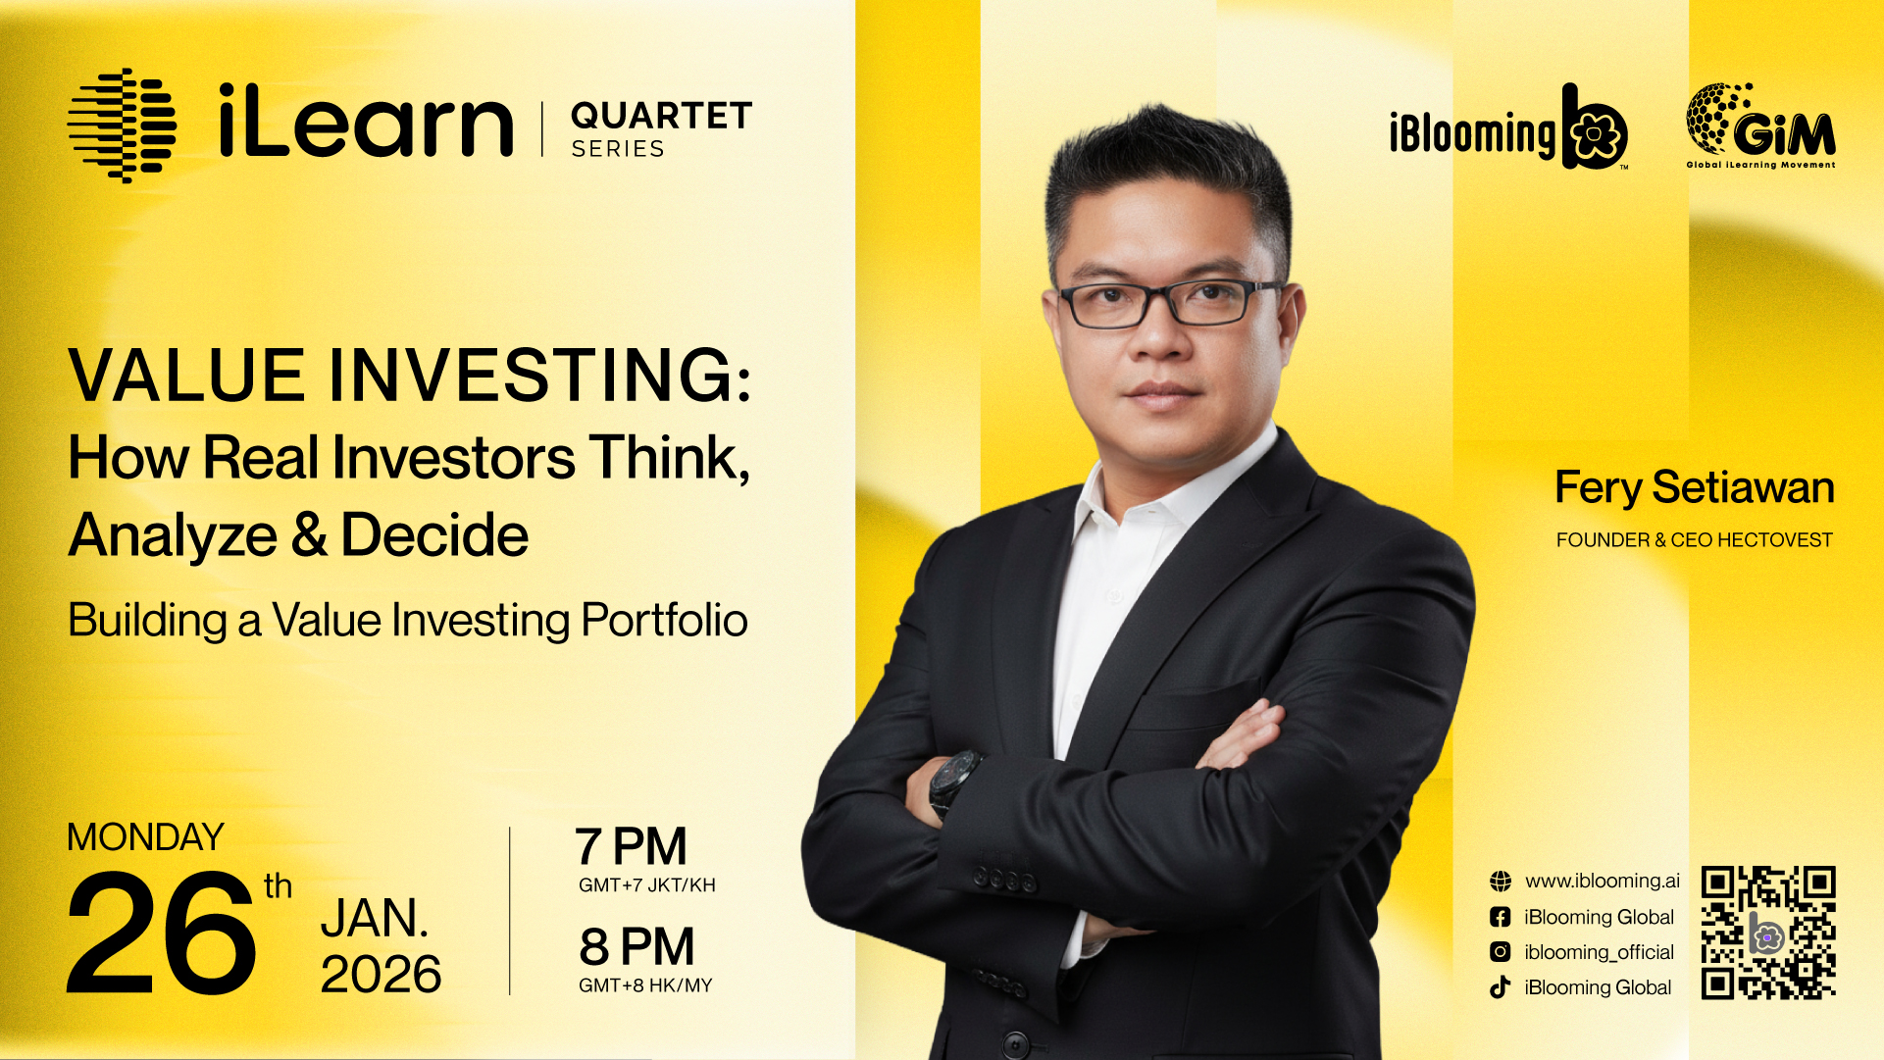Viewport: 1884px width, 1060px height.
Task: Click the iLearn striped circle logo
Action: [122, 126]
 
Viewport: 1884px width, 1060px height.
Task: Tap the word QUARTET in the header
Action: [661, 116]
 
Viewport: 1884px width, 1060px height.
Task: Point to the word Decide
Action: [434, 535]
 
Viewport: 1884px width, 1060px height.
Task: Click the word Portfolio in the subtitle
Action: [664, 620]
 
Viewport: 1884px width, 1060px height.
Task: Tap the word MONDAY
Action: [145, 837]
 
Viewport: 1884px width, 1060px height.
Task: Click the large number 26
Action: [162, 933]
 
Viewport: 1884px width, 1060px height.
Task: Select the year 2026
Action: [381, 974]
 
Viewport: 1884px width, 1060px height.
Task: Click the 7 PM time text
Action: [631, 846]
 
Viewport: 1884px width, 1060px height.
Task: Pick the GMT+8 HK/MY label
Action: [645, 985]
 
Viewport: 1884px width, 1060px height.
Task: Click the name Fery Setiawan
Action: [1695, 487]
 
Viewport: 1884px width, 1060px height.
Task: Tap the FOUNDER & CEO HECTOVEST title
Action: [1695, 540]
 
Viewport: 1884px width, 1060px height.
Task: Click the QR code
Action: [1768, 933]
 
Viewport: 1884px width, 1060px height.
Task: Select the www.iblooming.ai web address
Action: [1603, 881]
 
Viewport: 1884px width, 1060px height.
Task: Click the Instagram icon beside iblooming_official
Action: [1501, 951]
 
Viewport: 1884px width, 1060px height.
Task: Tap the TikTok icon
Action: [1501, 987]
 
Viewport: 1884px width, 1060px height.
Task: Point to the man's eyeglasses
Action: [1172, 303]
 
